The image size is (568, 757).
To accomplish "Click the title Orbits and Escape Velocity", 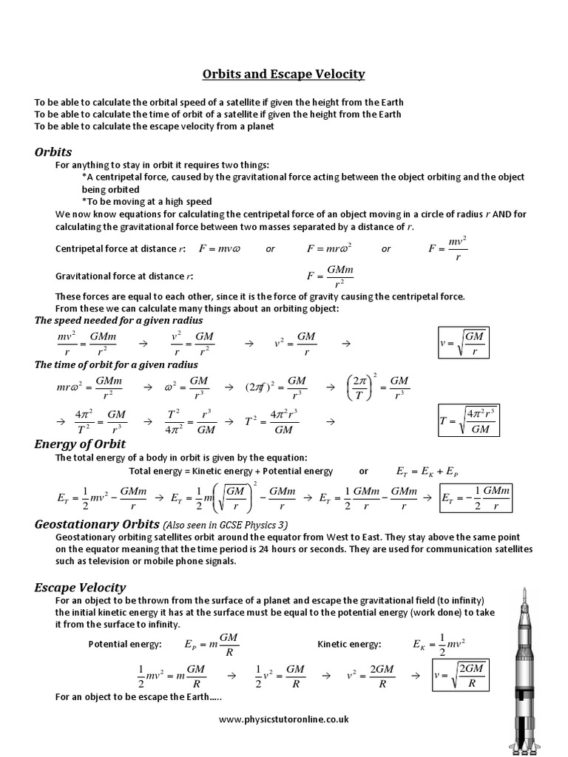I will coord(284,74).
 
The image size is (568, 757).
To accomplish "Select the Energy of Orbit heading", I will coord(80,444).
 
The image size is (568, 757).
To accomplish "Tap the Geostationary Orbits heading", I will coord(97,523).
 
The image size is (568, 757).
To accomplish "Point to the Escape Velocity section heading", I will coord(80,587).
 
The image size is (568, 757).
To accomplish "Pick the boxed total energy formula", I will coord(475,498).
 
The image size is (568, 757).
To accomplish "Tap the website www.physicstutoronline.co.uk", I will coord(284,719).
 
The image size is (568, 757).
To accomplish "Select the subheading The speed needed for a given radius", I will coord(118,321).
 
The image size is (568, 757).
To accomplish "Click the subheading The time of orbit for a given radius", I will coord(116,364).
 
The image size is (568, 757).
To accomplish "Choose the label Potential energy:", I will coord(125,645).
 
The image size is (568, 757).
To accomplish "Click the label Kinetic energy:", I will coord(350,645).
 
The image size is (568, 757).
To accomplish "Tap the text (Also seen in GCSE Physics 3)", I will coord(226,525).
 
